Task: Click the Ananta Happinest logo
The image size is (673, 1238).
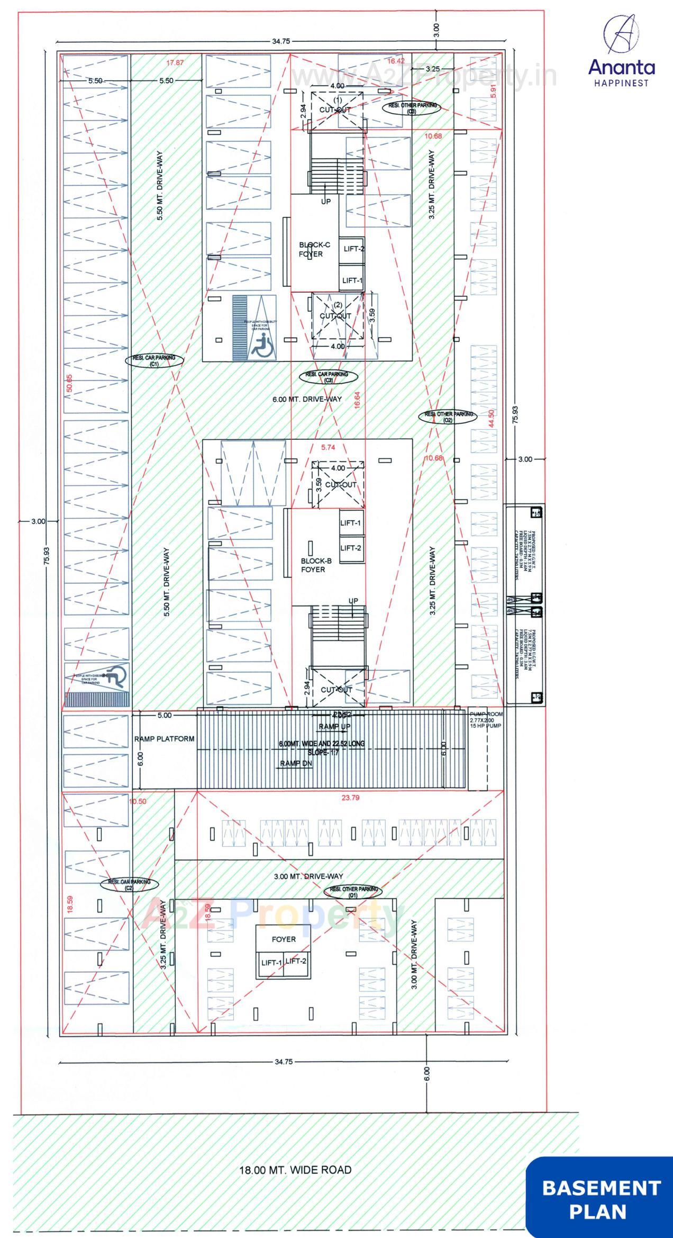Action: click(621, 51)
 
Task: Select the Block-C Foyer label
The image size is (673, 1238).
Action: click(314, 249)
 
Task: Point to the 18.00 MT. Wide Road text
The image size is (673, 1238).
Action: click(295, 1170)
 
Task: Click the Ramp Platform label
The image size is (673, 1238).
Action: click(164, 738)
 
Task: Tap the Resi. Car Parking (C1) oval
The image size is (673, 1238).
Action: click(154, 360)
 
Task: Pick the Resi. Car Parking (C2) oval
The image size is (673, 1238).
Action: click(129, 884)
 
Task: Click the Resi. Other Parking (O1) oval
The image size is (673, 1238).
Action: click(353, 892)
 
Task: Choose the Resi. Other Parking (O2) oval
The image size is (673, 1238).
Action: click(448, 417)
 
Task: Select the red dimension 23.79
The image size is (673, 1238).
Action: click(350, 798)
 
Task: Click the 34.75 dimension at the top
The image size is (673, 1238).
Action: click(280, 41)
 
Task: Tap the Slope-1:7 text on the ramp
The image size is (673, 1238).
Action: click(323, 752)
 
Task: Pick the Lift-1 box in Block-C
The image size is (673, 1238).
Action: click(352, 281)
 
